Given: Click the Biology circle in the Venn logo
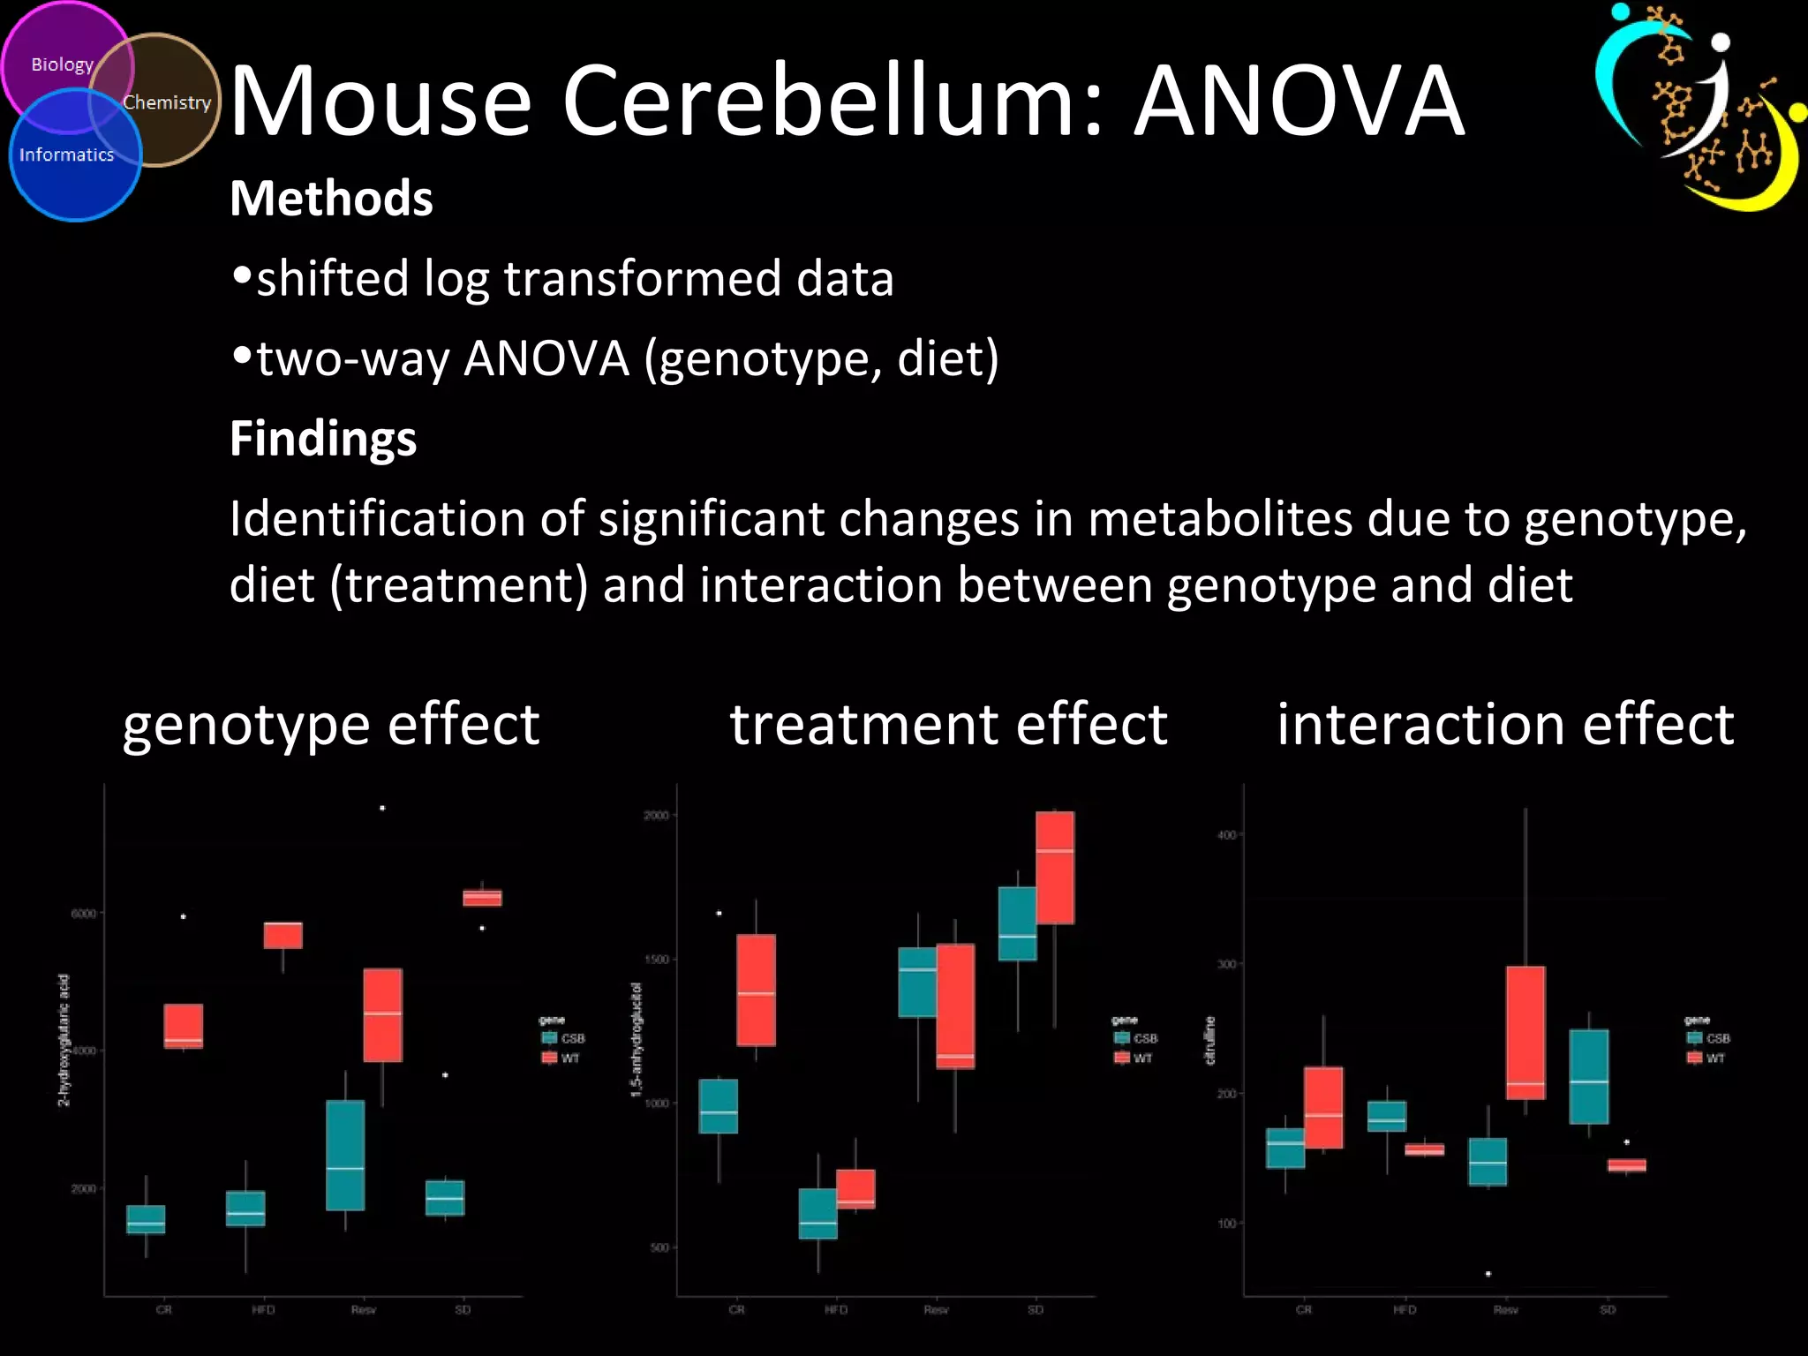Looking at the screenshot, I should tap(62, 64).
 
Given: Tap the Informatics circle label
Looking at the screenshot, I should tap(67, 155).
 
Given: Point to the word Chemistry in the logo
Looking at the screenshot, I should tap(167, 102).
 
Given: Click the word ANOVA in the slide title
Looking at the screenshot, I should tap(1299, 101).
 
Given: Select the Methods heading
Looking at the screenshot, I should tap(331, 198).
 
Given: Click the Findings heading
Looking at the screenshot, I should tap(323, 438).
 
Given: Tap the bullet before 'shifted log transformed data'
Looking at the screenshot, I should tap(242, 276).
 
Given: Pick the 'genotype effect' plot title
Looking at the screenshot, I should tap(331, 725).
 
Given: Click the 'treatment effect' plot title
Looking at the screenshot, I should tap(949, 725).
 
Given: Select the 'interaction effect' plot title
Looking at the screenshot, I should tap(1505, 725).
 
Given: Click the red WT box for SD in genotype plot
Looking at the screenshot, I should tap(482, 898).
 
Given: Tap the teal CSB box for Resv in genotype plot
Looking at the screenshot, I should tap(345, 1155).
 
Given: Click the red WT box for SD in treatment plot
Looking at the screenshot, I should tap(1055, 868).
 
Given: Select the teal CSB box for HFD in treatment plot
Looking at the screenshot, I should tap(818, 1214).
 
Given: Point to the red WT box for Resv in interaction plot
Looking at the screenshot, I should tap(1525, 1033).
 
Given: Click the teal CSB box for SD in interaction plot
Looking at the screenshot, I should tap(1589, 1076).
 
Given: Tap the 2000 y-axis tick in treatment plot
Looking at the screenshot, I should tap(657, 815).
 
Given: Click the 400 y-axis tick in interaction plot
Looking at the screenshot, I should tap(1226, 834).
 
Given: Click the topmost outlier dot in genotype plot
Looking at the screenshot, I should tap(382, 808).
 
